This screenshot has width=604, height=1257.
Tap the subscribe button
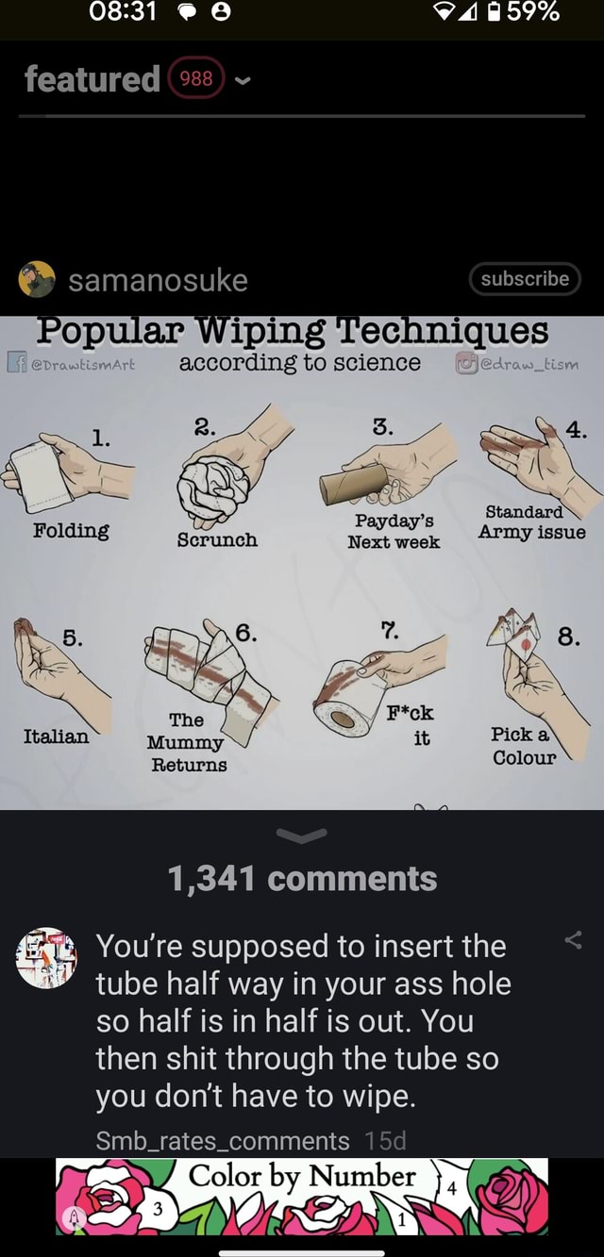point(525,279)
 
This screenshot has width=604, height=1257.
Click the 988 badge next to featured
point(196,79)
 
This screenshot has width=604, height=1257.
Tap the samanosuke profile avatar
point(37,280)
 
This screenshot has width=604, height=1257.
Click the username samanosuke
point(158,280)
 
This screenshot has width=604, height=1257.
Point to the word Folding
point(71,530)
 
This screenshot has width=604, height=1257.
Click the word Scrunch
point(217,539)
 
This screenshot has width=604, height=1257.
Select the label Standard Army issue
point(531,522)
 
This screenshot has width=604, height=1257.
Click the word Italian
point(57,736)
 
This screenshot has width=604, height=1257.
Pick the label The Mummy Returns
point(188,742)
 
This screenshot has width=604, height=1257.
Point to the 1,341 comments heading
point(302,879)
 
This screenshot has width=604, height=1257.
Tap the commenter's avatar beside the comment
point(47,957)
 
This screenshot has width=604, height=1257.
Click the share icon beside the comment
point(572,938)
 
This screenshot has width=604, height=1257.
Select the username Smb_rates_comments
point(223,1141)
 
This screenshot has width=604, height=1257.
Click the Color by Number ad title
point(302,1177)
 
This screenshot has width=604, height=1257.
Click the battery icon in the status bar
point(493,12)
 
